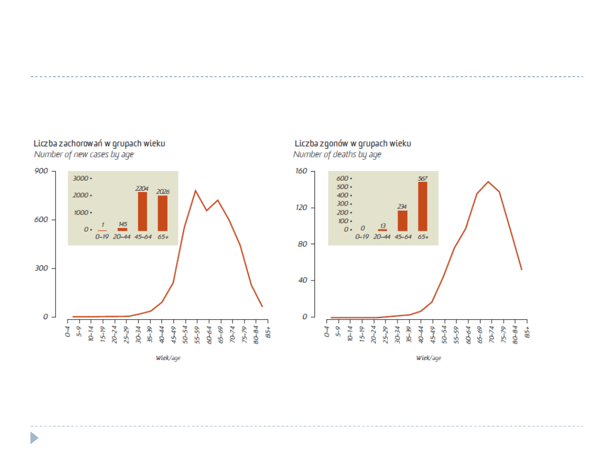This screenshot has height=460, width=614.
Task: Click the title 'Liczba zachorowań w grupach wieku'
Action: click(x=99, y=144)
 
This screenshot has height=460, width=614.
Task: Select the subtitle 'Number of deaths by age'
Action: click(x=337, y=154)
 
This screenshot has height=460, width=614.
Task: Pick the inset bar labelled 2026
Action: click(x=163, y=213)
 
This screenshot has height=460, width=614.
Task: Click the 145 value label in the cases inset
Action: click(x=123, y=224)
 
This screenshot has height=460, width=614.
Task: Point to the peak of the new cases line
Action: click(x=196, y=191)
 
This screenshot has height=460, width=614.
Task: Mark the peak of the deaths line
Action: click(x=488, y=182)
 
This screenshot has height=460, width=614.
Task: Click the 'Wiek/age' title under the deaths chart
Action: click(x=428, y=358)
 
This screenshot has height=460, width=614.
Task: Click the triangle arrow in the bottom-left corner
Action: click(x=34, y=438)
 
